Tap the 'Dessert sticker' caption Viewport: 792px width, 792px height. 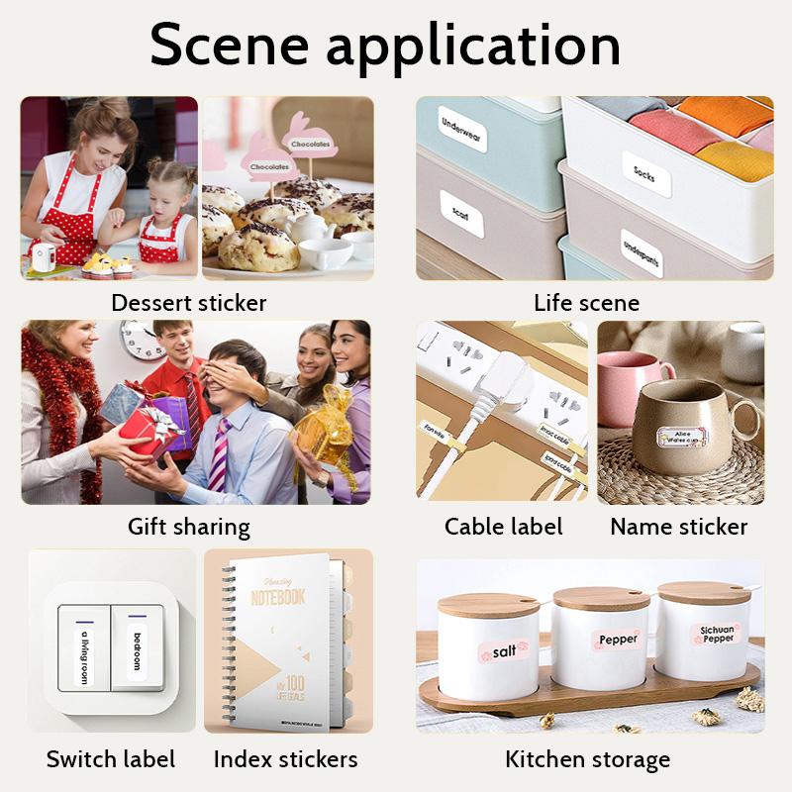click(x=188, y=302)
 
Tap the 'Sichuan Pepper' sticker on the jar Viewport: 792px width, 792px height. click(x=717, y=635)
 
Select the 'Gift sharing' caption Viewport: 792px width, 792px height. click(x=188, y=527)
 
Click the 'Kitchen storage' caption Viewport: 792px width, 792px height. click(x=587, y=760)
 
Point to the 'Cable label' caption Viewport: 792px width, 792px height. click(x=503, y=527)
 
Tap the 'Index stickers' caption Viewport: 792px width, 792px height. click(x=285, y=760)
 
